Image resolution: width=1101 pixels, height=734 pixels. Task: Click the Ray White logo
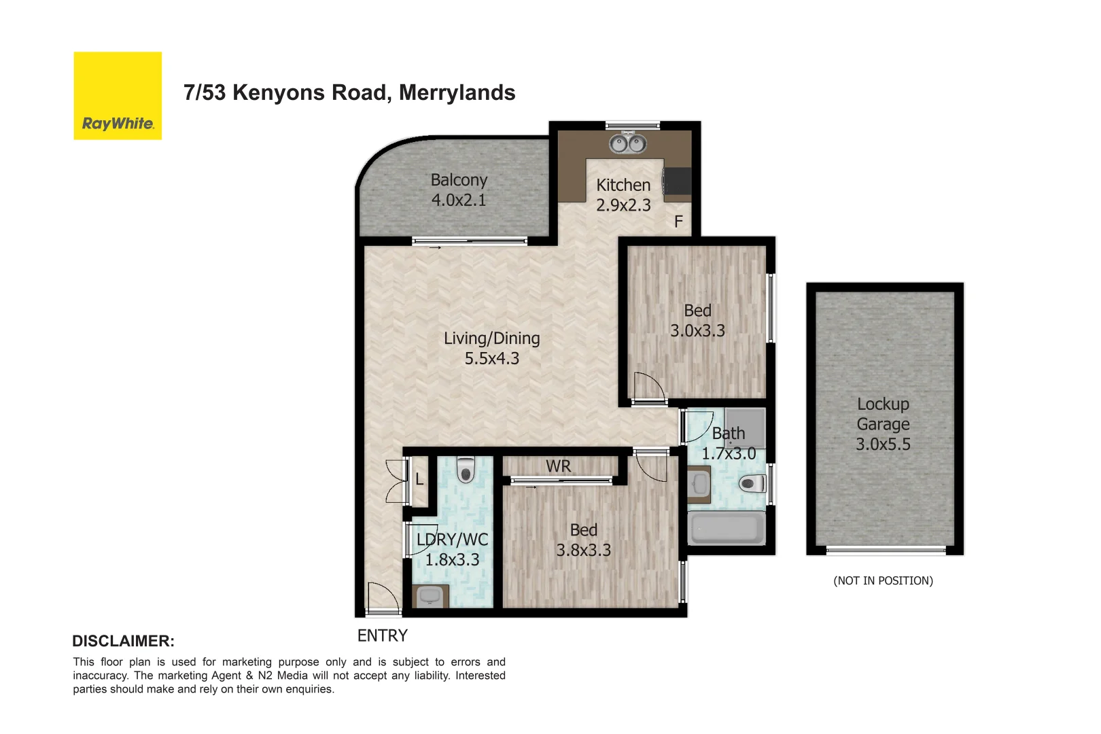(118, 96)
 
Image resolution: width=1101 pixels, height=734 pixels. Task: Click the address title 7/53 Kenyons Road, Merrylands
(349, 92)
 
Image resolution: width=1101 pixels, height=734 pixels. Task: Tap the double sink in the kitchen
(627, 143)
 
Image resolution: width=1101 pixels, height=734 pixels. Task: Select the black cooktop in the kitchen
(678, 181)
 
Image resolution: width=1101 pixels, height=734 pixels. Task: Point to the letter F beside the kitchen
(678, 222)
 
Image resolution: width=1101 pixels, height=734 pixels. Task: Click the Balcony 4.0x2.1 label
(459, 190)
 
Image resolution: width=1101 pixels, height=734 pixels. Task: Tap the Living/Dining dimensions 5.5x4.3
(491, 358)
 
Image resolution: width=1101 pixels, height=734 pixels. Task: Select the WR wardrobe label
(558, 466)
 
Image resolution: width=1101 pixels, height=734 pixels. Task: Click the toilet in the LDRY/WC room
(466, 469)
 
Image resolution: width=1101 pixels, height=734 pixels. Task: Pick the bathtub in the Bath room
(727, 528)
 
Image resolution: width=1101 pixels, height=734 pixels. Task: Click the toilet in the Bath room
(752, 484)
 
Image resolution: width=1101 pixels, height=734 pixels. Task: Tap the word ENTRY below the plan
(382, 635)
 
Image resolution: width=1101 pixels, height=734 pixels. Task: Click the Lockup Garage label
(883, 423)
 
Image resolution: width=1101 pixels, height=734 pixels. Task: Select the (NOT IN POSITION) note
(883, 580)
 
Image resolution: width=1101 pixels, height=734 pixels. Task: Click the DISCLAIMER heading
(123, 641)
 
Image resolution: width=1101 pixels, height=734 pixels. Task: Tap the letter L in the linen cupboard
(419, 479)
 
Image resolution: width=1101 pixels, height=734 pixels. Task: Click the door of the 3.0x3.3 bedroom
(648, 388)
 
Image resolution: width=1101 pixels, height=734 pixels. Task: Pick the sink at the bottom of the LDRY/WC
(430, 596)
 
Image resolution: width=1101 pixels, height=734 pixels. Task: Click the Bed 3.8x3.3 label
(583, 540)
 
